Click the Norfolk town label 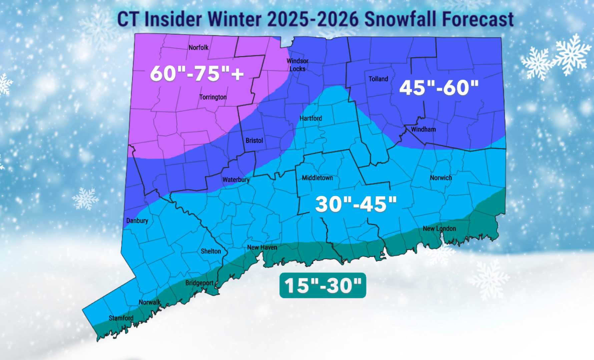click(198, 48)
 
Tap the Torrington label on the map click(213, 97)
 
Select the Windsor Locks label click(297, 65)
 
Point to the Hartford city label click(311, 118)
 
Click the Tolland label click(378, 79)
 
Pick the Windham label click(423, 129)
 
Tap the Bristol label click(254, 141)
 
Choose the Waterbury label click(236, 180)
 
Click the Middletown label click(317, 178)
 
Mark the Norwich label click(441, 178)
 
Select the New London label click(439, 229)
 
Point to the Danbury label click(137, 221)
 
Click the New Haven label click(262, 247)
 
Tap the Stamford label click(121, 318)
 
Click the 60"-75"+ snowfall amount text click(197, 73)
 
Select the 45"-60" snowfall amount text click(439, 88)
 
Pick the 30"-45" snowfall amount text click(356, 204)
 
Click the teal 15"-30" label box click(323, 286)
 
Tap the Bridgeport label click(199, 283)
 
